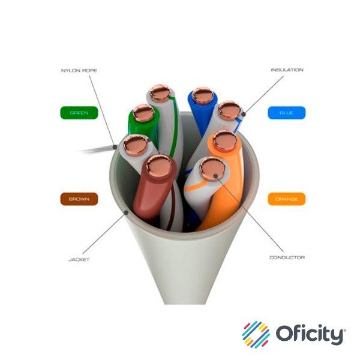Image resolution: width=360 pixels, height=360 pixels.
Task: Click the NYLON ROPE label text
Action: coord(79,71)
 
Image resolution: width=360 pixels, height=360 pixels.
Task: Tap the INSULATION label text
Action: coord(286,70)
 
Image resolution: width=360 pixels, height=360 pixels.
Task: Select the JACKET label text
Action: coord(79,260)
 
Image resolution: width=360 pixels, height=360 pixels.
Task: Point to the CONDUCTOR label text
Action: coord(287,257)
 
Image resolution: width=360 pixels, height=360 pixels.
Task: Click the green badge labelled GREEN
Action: coord(79,112)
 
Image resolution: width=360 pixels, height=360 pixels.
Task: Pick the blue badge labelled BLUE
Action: coord(286,112)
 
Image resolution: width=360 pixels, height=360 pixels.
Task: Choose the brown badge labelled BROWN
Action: coord(79,199)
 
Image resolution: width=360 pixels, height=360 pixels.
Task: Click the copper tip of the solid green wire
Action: coord(143,112)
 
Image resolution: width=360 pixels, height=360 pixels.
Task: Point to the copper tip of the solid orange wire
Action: coord(224,140)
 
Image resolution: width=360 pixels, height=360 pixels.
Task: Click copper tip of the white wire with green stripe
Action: coord(160,92)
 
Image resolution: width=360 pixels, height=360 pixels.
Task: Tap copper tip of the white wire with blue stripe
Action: coord(229,110)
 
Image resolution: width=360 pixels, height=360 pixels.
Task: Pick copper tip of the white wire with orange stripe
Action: coord(211,168)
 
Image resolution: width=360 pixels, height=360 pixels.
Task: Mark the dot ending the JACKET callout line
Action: coord(125,211)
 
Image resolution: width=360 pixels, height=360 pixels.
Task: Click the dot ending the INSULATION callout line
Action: coord(244,112)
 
